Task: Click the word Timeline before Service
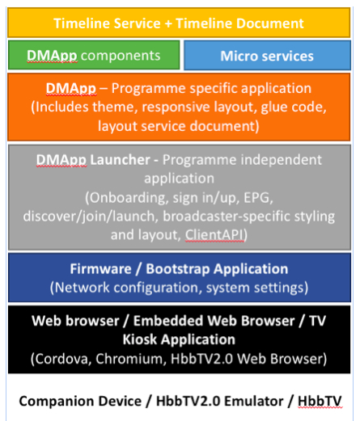coord(82,23)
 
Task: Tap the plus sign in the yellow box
coord(168,23)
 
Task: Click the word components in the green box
coord(121,56)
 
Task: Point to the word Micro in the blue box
coord(239,56)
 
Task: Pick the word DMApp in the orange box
coord(71,89)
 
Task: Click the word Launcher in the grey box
coord(120,160)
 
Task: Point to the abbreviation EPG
coord(256,197)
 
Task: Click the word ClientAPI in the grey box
coord(214,234)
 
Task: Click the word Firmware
coord(100,269)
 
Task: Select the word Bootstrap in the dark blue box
coord(178,269)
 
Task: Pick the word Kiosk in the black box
coord(140,339)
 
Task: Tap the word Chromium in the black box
coord(129,359)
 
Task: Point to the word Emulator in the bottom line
coord(254,401)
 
